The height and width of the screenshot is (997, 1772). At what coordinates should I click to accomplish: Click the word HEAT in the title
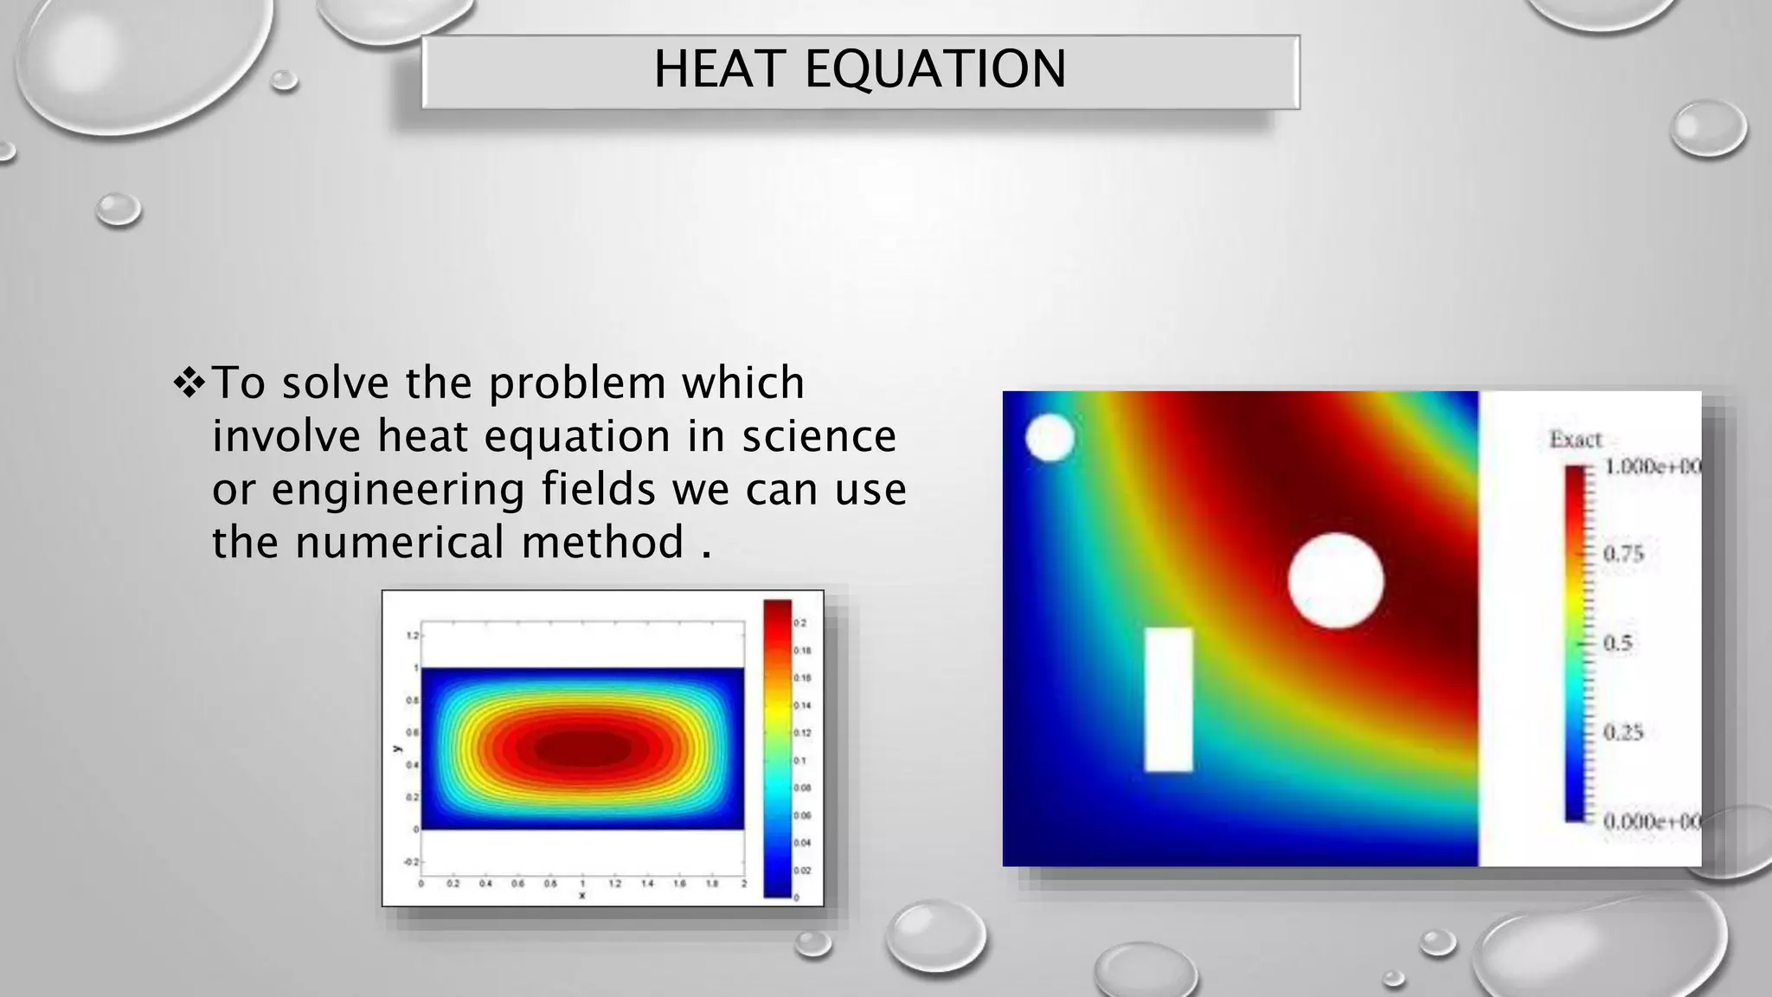coord(719,69)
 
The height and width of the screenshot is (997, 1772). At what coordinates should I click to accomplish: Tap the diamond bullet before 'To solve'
coord(189,383)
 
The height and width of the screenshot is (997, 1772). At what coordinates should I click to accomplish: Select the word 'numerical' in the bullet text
coord(400,543)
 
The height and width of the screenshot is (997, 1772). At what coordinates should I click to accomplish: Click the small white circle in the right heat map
coord(1050,438)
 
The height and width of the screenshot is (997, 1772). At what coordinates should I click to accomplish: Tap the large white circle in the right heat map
coord(1335,581)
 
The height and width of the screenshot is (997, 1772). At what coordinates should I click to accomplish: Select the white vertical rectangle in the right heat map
coord(1168,699)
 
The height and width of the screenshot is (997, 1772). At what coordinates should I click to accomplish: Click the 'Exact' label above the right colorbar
coord(1576,440)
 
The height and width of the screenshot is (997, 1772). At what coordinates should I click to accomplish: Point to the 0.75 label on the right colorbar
coord(1623,554)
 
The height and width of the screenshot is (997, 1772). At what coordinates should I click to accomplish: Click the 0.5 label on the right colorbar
coord(1617,643)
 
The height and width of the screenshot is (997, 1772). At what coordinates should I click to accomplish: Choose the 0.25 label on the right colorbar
coord(1623,732)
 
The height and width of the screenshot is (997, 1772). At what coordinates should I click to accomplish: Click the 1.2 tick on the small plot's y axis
coord(412,636)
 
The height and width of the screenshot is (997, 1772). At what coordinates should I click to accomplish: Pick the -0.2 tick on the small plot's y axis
coord(411,862)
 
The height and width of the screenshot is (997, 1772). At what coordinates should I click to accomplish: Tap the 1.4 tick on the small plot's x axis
coord(647,884)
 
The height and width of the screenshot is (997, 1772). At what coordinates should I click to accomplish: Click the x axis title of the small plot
coord(582,896)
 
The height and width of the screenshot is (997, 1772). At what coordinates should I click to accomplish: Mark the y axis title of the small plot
coord(397,749)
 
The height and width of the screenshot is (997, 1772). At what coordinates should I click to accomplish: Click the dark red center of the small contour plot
coord(582,749)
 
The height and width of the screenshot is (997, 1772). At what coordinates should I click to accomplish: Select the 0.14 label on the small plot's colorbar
coord(802,705)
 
